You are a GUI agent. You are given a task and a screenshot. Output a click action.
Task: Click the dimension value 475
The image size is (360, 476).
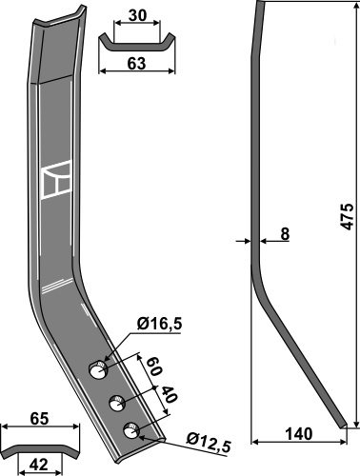click(348, 216)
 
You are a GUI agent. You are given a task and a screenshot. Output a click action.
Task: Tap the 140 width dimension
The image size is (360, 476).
click(299, 434)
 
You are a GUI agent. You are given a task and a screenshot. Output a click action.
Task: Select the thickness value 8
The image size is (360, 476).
click(285, 234)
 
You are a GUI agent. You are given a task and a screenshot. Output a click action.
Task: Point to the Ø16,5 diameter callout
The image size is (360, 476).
click(159, 324)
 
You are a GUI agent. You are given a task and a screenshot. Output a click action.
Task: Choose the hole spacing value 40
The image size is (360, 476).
click(168, 394)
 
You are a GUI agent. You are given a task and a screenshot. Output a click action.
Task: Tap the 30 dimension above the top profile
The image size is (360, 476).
click(138, 15)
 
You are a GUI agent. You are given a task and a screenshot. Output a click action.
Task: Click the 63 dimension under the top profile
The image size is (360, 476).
click(136, 64)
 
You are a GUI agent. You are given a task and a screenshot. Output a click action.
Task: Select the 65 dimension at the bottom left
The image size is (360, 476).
click(40, 419)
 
